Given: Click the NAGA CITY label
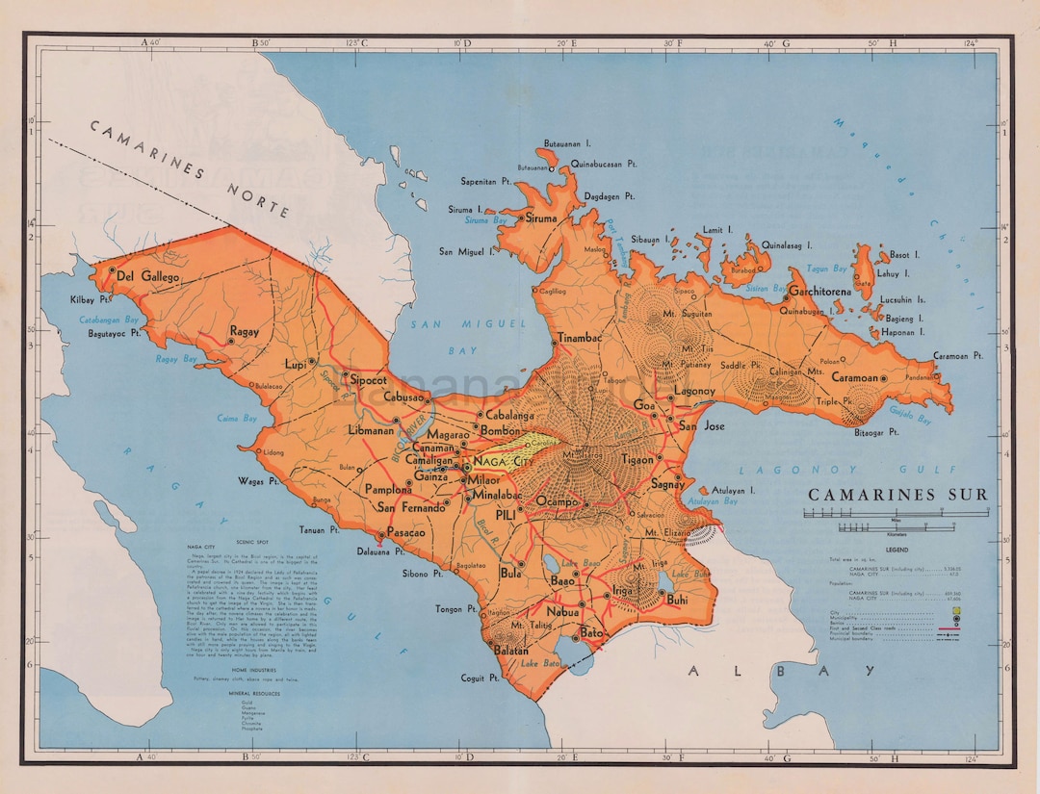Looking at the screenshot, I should pos(504,462).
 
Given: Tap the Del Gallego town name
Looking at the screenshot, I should pos(148,276).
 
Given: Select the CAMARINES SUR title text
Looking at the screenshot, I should pos(897,495).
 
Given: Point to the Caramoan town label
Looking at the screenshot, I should pos(855,378).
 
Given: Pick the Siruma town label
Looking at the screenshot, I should pos(541,218).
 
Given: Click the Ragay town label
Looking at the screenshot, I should pos(245,332).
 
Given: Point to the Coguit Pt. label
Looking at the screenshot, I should pos(480,678).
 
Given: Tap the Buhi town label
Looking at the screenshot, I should pos(677,600).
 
